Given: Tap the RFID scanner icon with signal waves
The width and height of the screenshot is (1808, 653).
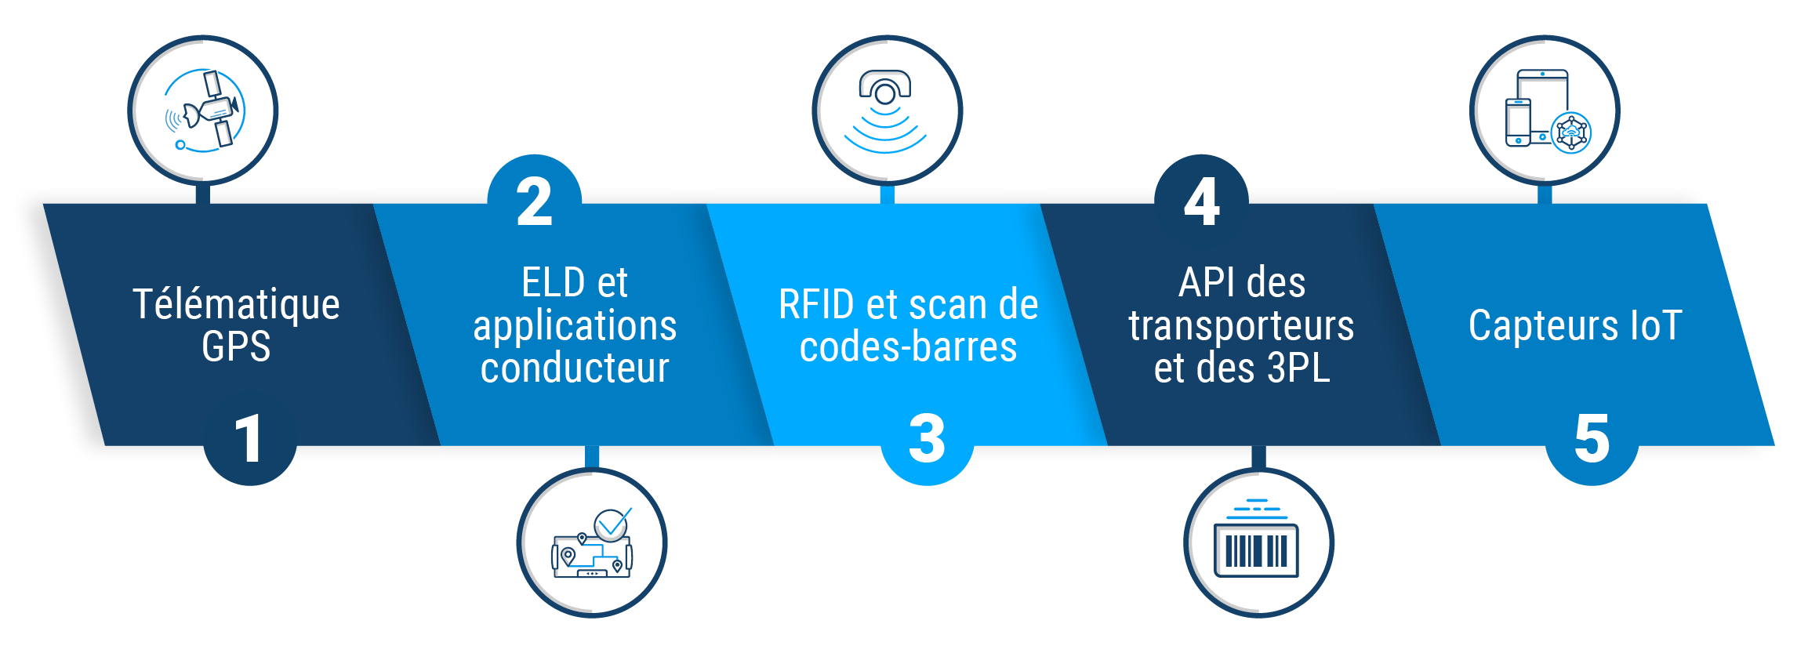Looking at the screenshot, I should [x=886, y=111].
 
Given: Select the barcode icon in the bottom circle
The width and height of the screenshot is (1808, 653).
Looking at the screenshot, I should [x=1257, y=542].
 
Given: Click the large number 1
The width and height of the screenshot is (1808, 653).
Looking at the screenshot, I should [x=249, y=439].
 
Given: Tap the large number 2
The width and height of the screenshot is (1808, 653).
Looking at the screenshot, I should [x=535, y=202].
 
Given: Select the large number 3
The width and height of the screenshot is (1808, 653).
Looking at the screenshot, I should [x=927, y=439].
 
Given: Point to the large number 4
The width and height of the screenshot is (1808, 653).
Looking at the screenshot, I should [x=1201, y=202].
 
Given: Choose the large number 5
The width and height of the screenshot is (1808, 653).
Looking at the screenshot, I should [x=1592, y=439].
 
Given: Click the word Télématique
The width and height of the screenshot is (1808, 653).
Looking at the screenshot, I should [x=236, y=305].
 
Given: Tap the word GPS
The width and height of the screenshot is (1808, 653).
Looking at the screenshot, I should [x=236, y=346].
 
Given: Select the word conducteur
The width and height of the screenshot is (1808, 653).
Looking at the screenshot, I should [x=575, y=368].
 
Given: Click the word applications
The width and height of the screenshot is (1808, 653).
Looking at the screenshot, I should [x=575, y=326].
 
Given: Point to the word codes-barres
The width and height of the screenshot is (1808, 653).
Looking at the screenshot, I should [x=908, y=346].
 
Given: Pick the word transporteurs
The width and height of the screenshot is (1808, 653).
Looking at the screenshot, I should [x=1241, y=326].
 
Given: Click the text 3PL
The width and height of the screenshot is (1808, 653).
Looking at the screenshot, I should [x=1298, y=368].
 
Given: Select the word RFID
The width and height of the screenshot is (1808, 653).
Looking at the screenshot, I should [x=816, y=305].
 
